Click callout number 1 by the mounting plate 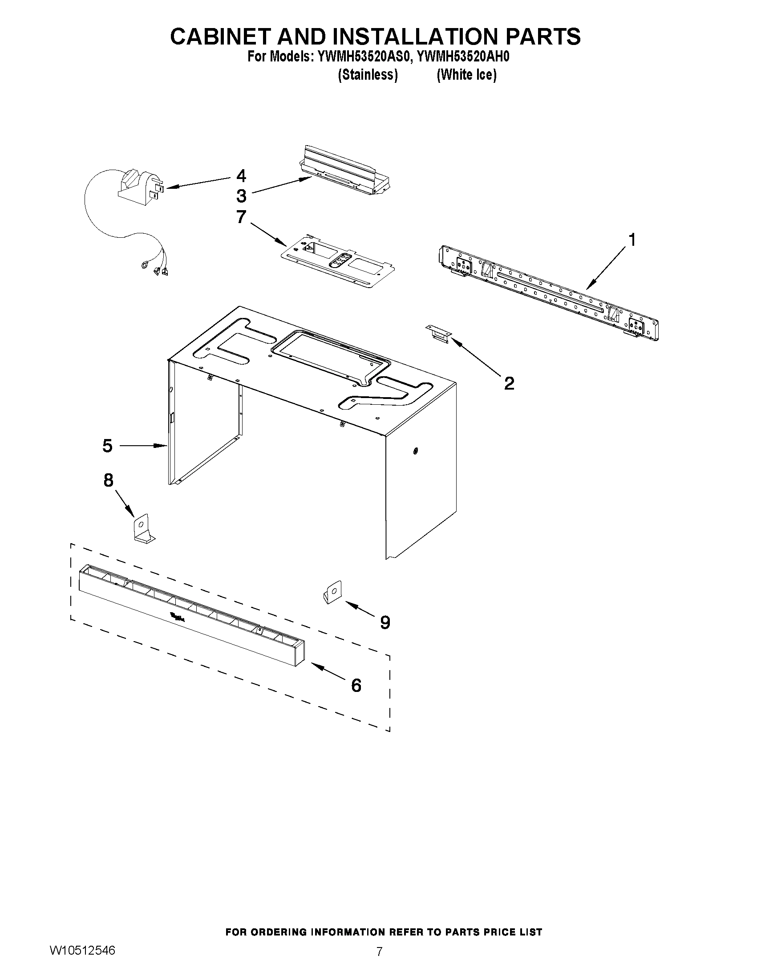[x=632, y=240]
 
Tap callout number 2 [x=509, y=383]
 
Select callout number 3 [x=241, y=195]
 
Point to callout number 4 [x=241, y=175]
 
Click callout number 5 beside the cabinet [x=107, y=446]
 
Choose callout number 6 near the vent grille [x=356, y=685]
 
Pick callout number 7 [x=241, y=217]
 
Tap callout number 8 [x=109, y=480]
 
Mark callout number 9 [x=385, y=622]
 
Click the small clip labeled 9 [x=332, y=592]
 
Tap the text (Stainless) [x=367, y=74]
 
